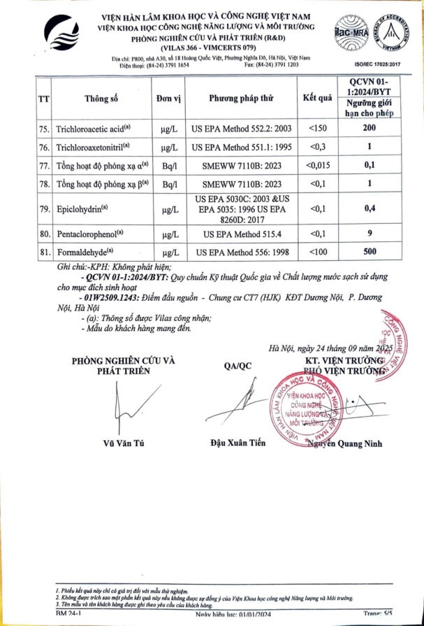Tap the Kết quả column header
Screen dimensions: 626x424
tap(316, 98)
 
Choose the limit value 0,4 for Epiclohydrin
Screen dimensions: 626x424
tap(369, 208)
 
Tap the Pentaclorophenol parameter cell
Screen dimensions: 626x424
tap(95, 233)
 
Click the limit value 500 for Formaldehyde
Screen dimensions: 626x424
tap(369, 252)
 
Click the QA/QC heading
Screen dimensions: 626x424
tap(237, 366)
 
